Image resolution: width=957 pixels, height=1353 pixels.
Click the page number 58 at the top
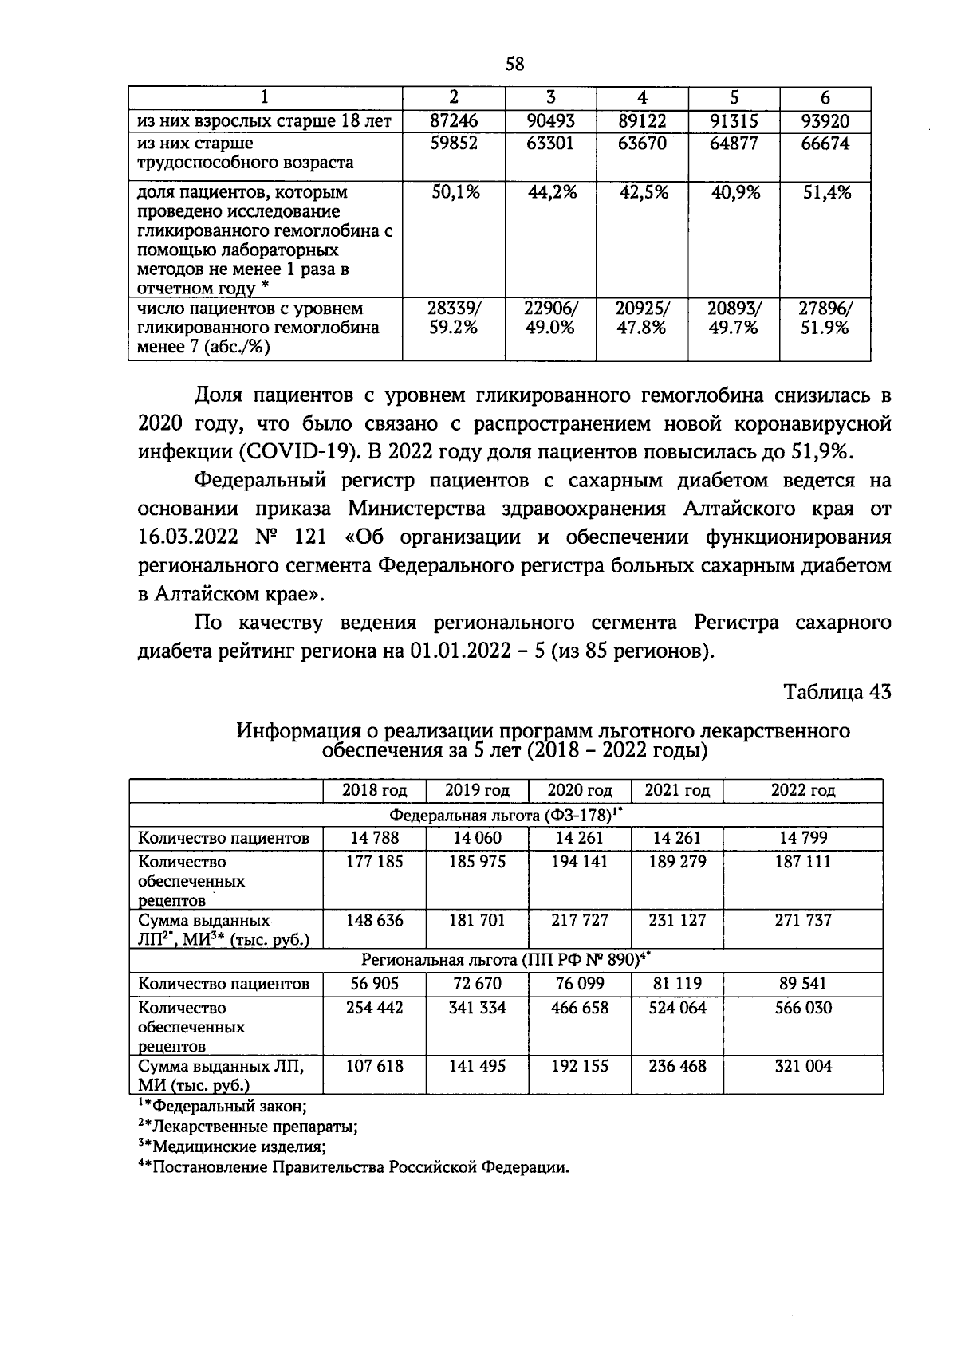[514, 64]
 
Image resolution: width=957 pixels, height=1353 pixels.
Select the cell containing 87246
[454, 121]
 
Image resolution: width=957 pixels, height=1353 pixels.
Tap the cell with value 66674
[825, 144]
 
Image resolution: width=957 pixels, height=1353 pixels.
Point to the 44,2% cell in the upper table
[550, 192]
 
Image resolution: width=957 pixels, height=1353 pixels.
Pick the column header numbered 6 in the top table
[825, 97]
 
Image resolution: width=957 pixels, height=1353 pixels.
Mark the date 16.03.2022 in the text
[187, 537]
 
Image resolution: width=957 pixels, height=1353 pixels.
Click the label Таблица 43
[837, 692]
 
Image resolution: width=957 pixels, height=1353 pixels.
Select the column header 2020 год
[580, 790]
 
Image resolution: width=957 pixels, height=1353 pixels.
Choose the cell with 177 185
[374, 862]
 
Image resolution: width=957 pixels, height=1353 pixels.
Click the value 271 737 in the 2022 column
[802, 920]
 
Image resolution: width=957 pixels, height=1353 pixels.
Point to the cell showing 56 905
[374, 984]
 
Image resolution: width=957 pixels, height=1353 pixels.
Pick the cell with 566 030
[802, 1008]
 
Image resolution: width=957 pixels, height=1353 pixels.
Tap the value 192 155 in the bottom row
[580, 1066]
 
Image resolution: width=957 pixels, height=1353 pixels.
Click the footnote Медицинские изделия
[239, 1147]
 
